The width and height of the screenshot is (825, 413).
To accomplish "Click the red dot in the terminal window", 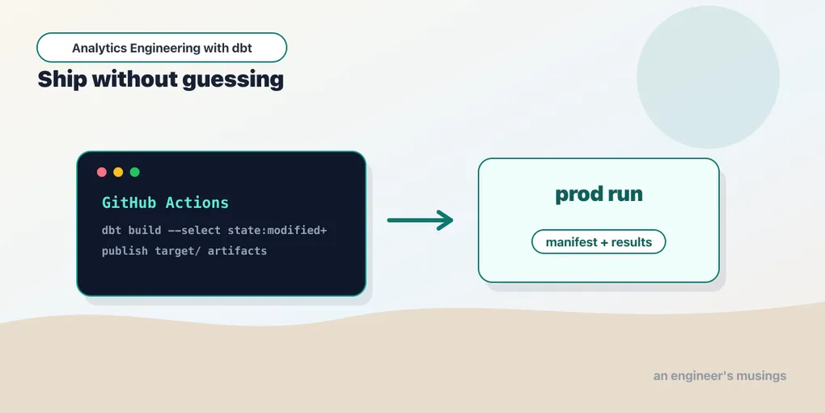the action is [x=102, y=172].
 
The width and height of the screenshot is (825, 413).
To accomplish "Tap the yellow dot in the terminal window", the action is [x=118, y=172].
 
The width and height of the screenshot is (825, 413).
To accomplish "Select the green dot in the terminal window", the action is [x=135, y=172].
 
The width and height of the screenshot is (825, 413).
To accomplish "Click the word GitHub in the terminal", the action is [x=129, y=202].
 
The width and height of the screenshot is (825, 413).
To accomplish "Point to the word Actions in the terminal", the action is [x=197, y=202].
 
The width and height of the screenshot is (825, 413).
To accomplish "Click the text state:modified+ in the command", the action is [x=277, y=231].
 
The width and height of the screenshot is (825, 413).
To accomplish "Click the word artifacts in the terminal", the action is [x=237, y=251].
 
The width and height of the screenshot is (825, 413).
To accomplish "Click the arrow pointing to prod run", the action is [x=420, y=220].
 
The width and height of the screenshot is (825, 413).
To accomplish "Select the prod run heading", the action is [x=599, y=194].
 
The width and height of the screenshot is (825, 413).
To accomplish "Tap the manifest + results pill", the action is [x=599, y=242].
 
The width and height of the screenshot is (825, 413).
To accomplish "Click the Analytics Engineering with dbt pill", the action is [x=162, y=48].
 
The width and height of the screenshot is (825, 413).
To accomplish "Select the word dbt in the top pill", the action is [x=242, y=48].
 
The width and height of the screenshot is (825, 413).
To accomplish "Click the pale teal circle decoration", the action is [x=708, y=77].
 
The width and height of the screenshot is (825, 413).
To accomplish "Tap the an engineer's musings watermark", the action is [x=720, y=376].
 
